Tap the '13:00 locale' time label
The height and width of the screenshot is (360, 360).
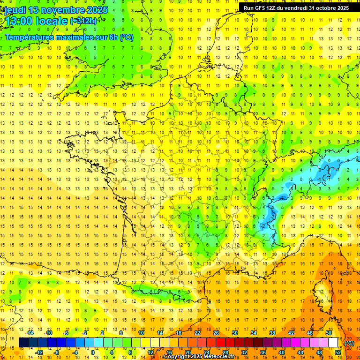35,21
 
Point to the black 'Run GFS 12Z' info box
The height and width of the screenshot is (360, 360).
296,7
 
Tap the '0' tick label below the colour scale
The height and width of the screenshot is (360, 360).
93,352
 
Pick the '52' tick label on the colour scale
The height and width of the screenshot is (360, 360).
338,352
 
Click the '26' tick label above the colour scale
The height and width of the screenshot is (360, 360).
216,333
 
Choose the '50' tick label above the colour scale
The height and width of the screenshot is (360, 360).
329,333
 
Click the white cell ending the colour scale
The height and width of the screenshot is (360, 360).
333,343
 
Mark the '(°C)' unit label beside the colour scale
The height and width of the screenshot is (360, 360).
349,343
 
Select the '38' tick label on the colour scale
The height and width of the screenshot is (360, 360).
272,333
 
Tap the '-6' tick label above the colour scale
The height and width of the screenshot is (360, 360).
66,333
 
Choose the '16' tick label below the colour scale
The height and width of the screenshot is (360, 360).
169,352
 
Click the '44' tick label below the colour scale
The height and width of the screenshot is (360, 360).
300,352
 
